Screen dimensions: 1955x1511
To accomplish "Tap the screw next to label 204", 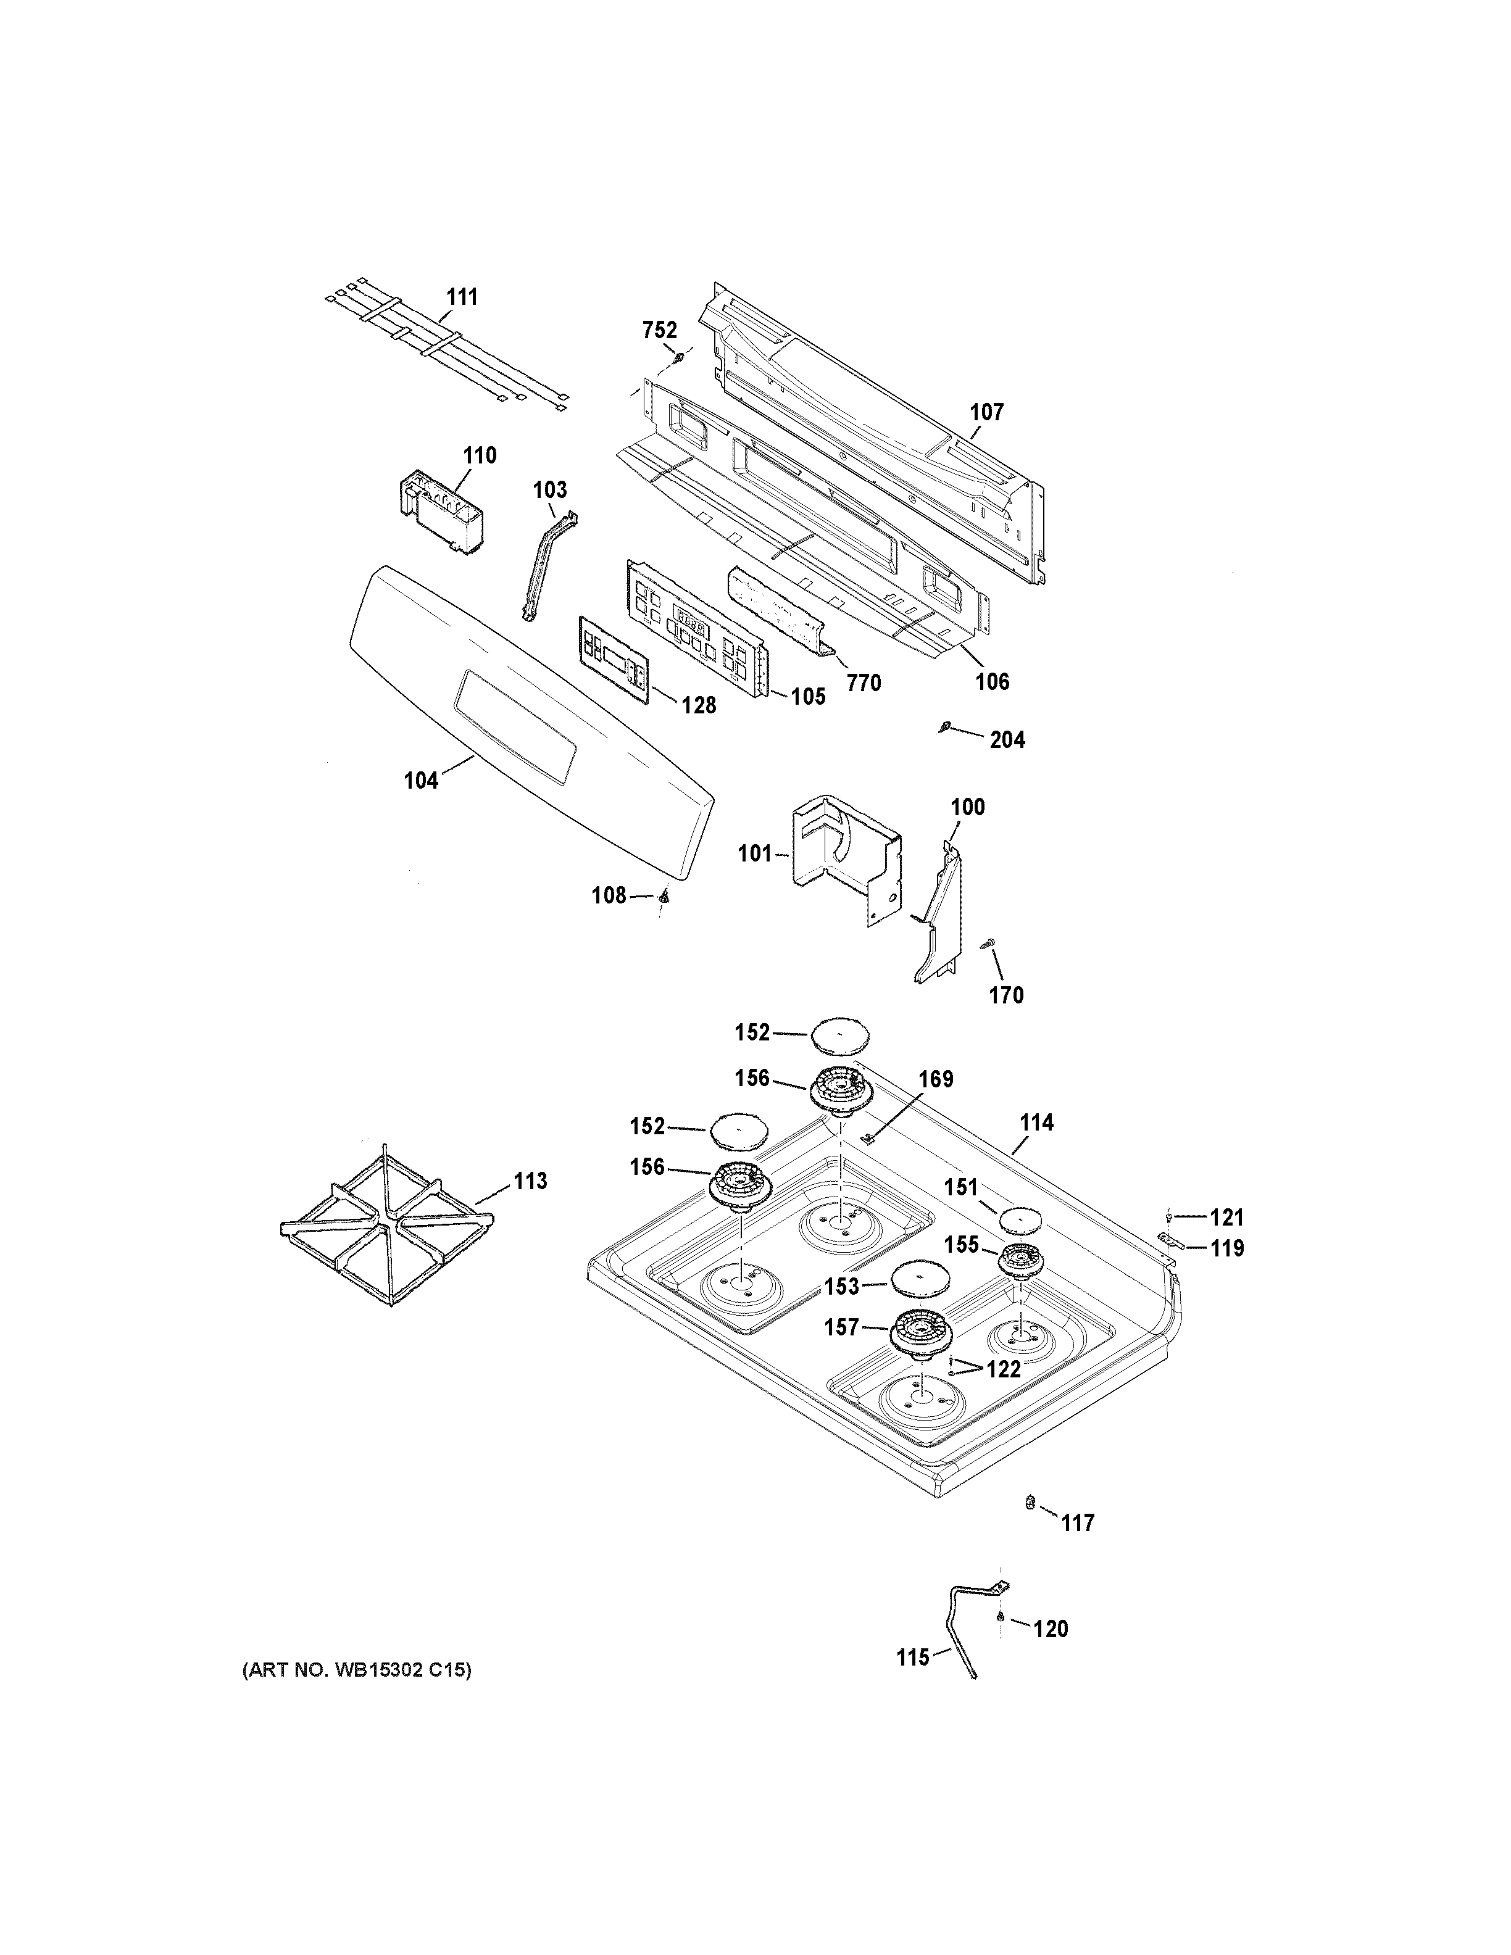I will (944, 728).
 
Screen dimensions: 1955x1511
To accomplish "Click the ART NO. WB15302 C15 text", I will (356, 1669).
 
